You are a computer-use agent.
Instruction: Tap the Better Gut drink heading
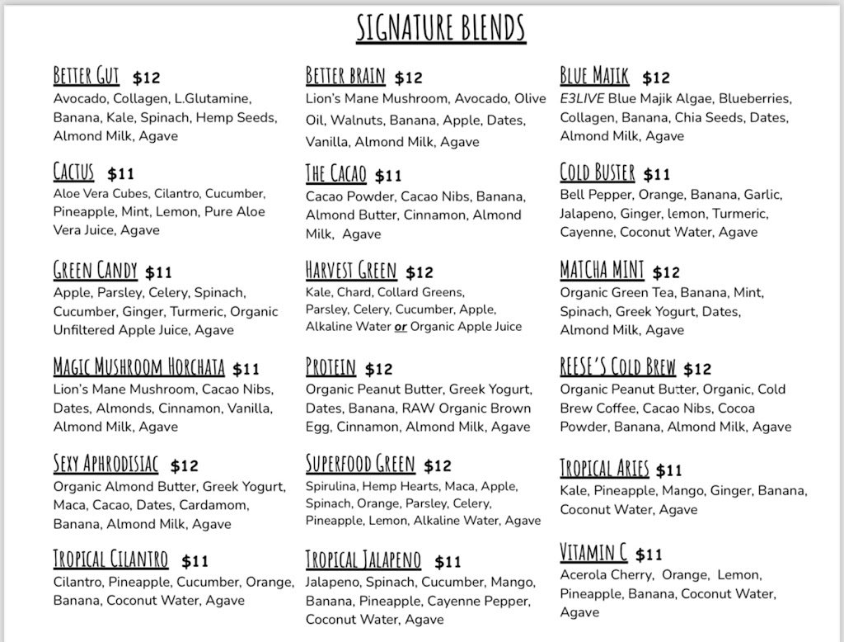point(87,77)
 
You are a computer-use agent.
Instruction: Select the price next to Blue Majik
point(656,78)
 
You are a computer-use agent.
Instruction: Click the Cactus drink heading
point(74,172)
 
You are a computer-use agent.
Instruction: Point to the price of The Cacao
point(388,176)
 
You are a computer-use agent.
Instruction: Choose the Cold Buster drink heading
point(598,173)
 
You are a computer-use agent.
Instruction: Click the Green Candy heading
point(95,271)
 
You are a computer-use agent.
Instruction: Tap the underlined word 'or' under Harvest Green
point(401,327)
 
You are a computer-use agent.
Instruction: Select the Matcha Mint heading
point(602,271)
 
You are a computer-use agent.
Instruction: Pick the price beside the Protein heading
point(379,369)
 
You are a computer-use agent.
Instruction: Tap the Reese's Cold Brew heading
point(617,367)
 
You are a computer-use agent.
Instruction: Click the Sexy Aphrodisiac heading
point(105,465)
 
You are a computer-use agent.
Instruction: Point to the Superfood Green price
point(438,466)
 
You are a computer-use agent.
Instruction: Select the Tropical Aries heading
point(604,469)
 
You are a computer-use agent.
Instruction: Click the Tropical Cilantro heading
point(110,559)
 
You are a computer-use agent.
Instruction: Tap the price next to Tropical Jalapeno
point(448,562)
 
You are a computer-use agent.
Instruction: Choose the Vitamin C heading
point(593,552)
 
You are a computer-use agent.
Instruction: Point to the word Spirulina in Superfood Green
point(332,486)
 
